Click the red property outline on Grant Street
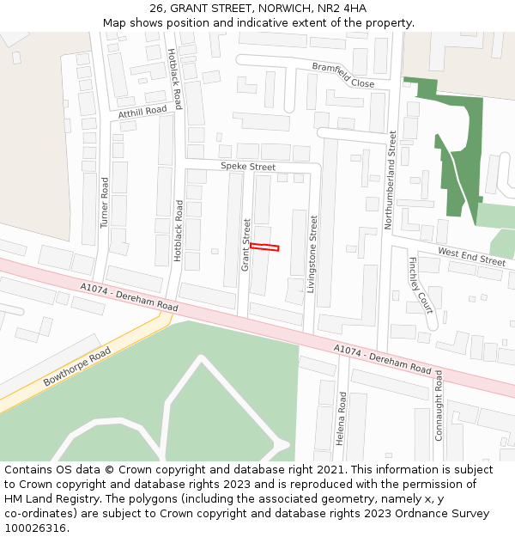tap(264, 247)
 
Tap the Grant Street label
tap(245, 245)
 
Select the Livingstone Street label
tap(312, 254)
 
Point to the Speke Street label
tap(248, 167)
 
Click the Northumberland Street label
tap(391, 180)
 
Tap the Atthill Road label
tap(142, 112)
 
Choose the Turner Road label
tap(105, 203)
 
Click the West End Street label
tap(471, 255)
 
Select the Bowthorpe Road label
tap(77, 367)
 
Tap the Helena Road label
tap(341, 418)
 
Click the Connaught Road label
tap(439, 405)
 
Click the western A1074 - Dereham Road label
tap(129, 297)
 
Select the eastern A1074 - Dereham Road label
tap(382, 358)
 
